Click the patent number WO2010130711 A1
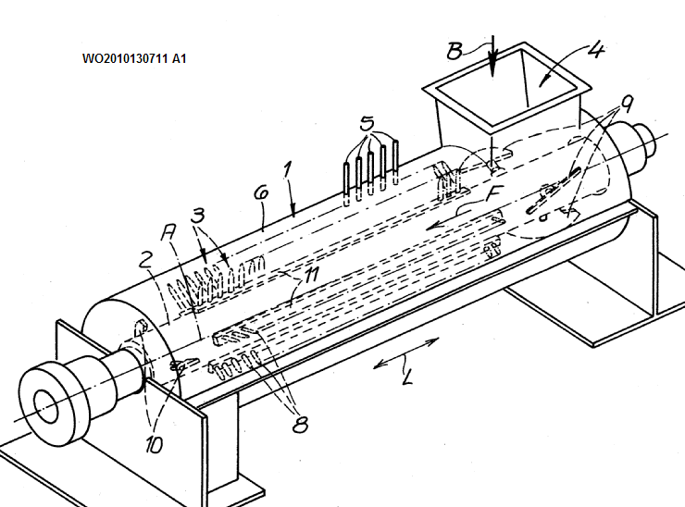click(x=134, y=58)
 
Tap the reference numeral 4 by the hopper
click(x=595, y=49)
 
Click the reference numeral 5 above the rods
click(x=367, y=122)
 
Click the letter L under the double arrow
click(x=405, y=377)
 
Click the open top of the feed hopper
click(x=507, y=93)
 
